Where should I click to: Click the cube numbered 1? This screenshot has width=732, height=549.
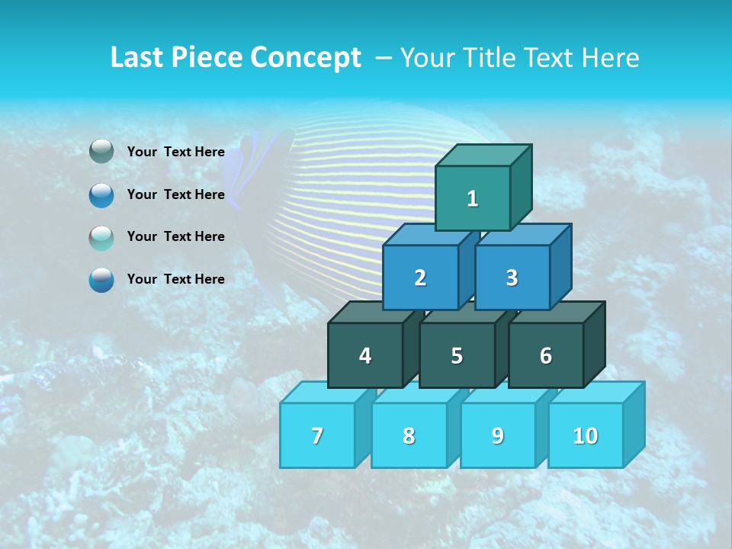tap(473, 198)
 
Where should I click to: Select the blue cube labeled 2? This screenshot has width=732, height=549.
tap(420, 278)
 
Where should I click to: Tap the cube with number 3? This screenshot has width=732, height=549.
tap(512, 278)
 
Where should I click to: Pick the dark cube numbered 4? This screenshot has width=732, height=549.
tap(365, 355)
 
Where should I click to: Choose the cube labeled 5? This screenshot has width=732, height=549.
tap(456, 355)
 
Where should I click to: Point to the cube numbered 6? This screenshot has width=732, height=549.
tap(546, 355)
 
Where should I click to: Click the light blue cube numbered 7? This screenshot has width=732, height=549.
tap(317, 435)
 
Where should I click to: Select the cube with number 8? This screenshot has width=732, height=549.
tap(409, 435)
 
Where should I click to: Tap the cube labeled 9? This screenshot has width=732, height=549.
tap(497, 435)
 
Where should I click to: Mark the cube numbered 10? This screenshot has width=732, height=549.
tap(585, 435)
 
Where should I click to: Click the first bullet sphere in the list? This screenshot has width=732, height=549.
tap(101, 152)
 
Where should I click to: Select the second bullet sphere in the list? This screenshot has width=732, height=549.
tap(101, 194)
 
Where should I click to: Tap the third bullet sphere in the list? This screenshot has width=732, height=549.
tap(101, 237)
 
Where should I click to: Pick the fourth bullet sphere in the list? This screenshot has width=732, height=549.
tap(101, 279)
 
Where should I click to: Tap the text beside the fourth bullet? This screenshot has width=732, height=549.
tap(175, 279)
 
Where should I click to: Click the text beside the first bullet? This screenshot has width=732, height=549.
tap(175, 152)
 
